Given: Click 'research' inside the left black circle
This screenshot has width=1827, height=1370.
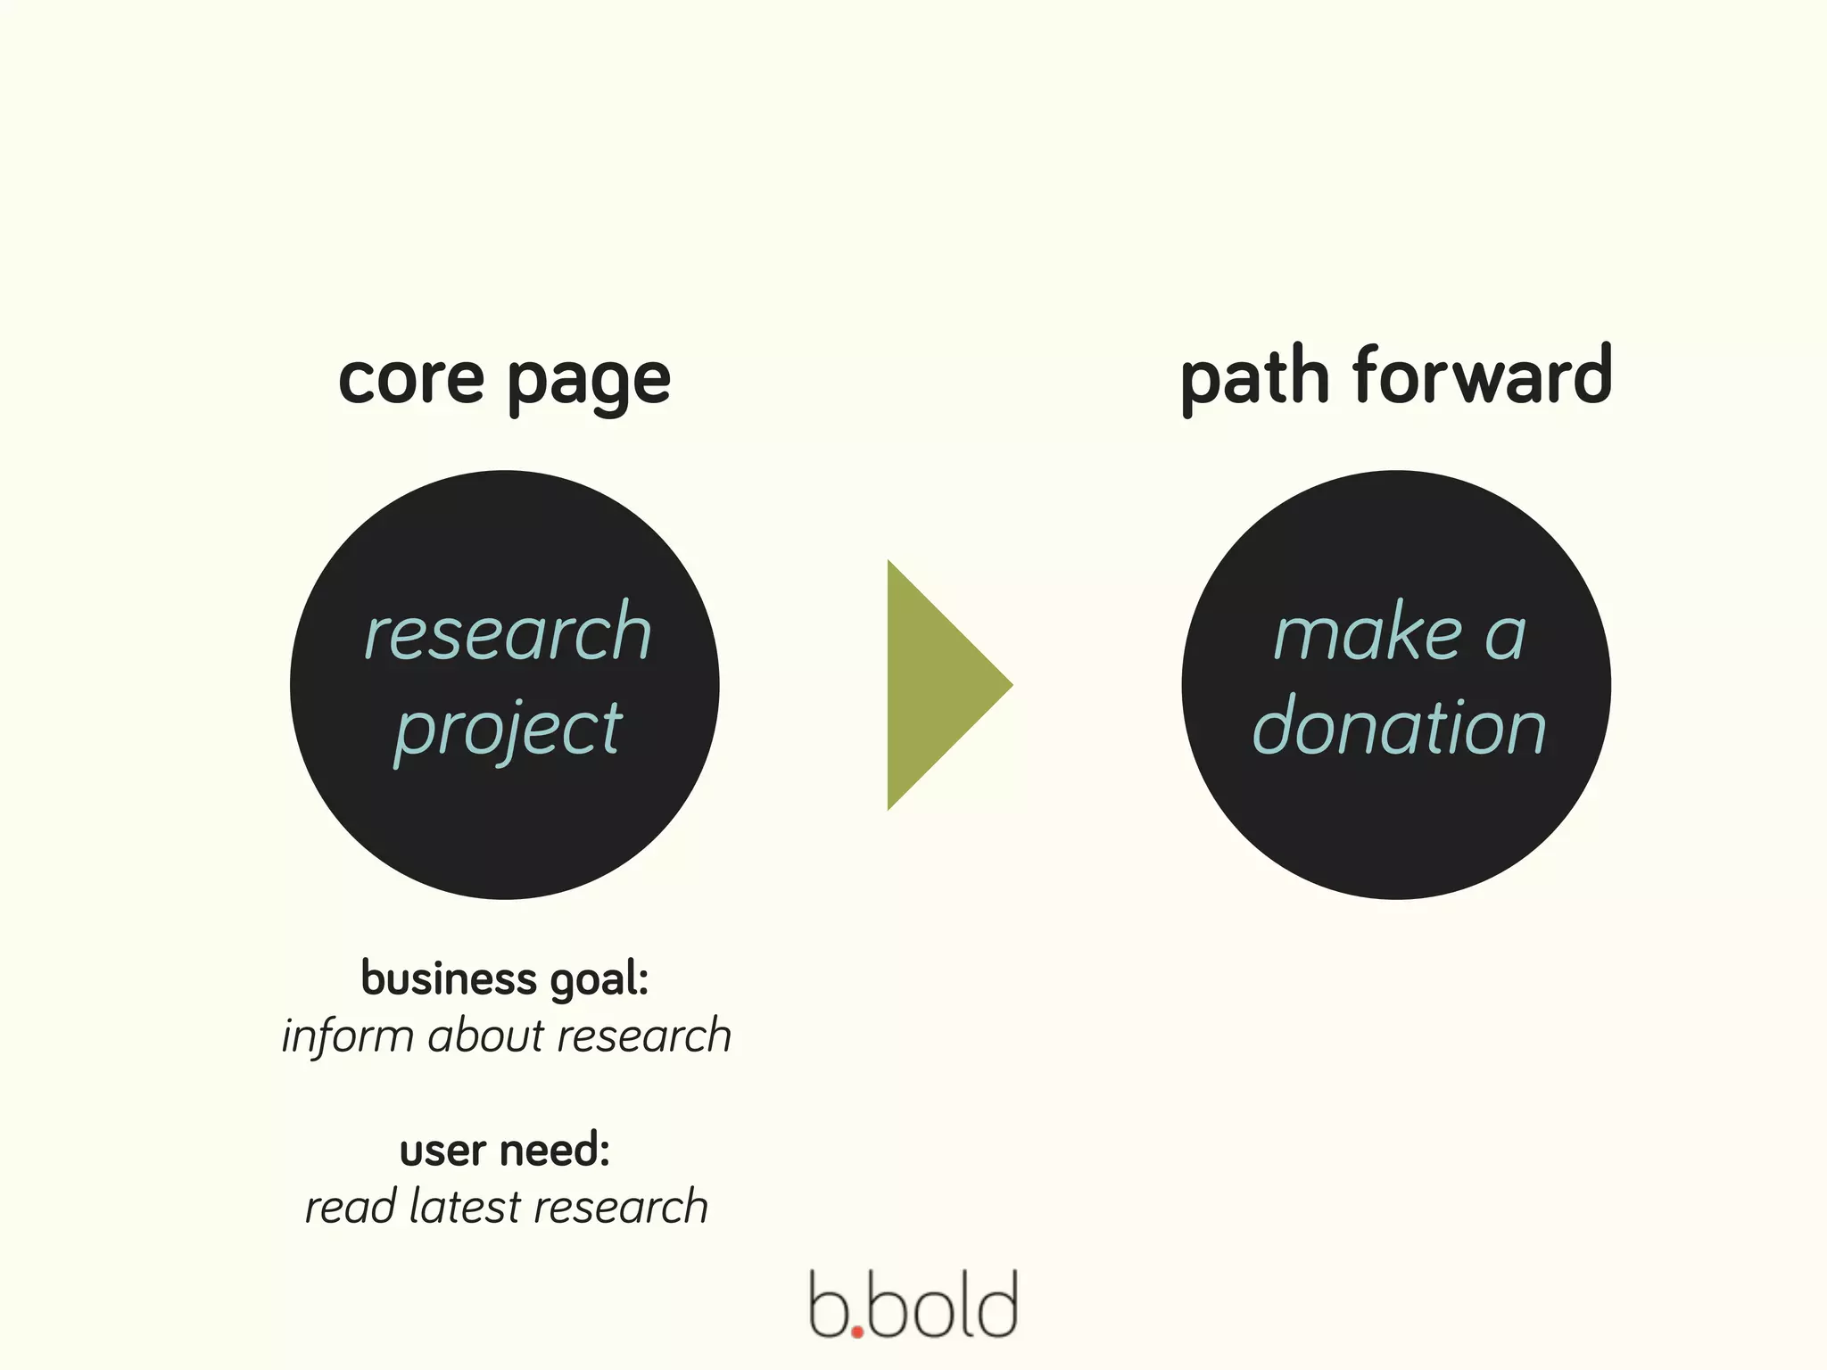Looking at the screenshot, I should [508, 632].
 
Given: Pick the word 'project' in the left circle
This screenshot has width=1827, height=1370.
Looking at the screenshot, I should [508, 730].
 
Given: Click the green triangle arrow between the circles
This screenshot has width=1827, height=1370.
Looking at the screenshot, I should [937, 685].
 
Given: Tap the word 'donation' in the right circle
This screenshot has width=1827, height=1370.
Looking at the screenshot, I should [1398, 728].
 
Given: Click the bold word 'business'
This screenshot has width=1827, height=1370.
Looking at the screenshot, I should [449, 978].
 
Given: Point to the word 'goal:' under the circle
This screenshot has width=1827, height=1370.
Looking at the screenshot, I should [599, 980].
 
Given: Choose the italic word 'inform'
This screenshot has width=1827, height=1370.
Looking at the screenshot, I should [348, 1037].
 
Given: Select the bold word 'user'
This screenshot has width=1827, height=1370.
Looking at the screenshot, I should [442, 1151].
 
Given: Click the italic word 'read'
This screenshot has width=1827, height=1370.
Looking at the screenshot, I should [350, 1207].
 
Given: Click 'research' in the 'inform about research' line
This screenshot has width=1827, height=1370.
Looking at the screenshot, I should [643, 1036].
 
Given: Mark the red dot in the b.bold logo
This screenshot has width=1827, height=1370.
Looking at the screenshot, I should [857, 1332].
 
